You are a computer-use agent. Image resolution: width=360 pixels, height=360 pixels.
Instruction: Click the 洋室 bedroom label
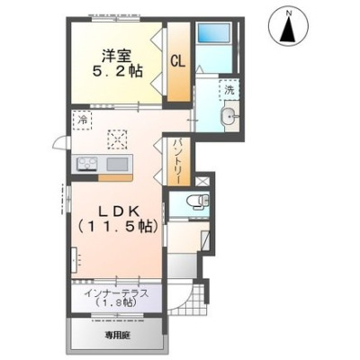click(117, 56)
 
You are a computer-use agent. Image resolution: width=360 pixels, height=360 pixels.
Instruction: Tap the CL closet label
click(178, 61)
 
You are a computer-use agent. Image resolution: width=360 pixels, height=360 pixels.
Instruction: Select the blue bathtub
click(213, 32)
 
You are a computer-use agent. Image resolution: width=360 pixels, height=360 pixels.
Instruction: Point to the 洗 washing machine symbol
click(229, 90)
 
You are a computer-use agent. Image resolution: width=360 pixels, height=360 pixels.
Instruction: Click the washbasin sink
click(229, 115)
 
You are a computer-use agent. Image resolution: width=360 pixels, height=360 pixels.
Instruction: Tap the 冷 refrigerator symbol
click(82, 121)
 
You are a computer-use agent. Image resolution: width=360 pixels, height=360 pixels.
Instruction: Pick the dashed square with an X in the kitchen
click(118, 139)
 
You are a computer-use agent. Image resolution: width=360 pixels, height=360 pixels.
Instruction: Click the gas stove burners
click(88, 165)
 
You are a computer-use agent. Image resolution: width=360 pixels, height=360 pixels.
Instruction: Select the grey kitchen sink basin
click(117, 164)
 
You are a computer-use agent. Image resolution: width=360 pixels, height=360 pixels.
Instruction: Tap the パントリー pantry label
click(177, 162)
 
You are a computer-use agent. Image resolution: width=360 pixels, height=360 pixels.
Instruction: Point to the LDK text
click(119, 212)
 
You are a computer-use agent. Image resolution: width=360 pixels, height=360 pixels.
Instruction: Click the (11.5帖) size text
click(118, 227)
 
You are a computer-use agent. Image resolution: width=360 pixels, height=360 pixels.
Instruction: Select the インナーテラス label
click(116, 293)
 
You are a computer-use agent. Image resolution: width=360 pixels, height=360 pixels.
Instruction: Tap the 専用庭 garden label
click(117, 335)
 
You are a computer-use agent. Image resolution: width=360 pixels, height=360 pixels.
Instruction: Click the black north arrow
click(288, 29)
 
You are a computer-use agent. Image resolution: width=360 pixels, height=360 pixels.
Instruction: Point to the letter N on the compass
click(288, 13)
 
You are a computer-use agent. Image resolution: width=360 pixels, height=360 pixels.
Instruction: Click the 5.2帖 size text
click(117, 71)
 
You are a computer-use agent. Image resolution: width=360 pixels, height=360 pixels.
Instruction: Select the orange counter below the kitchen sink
click(115, 178)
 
